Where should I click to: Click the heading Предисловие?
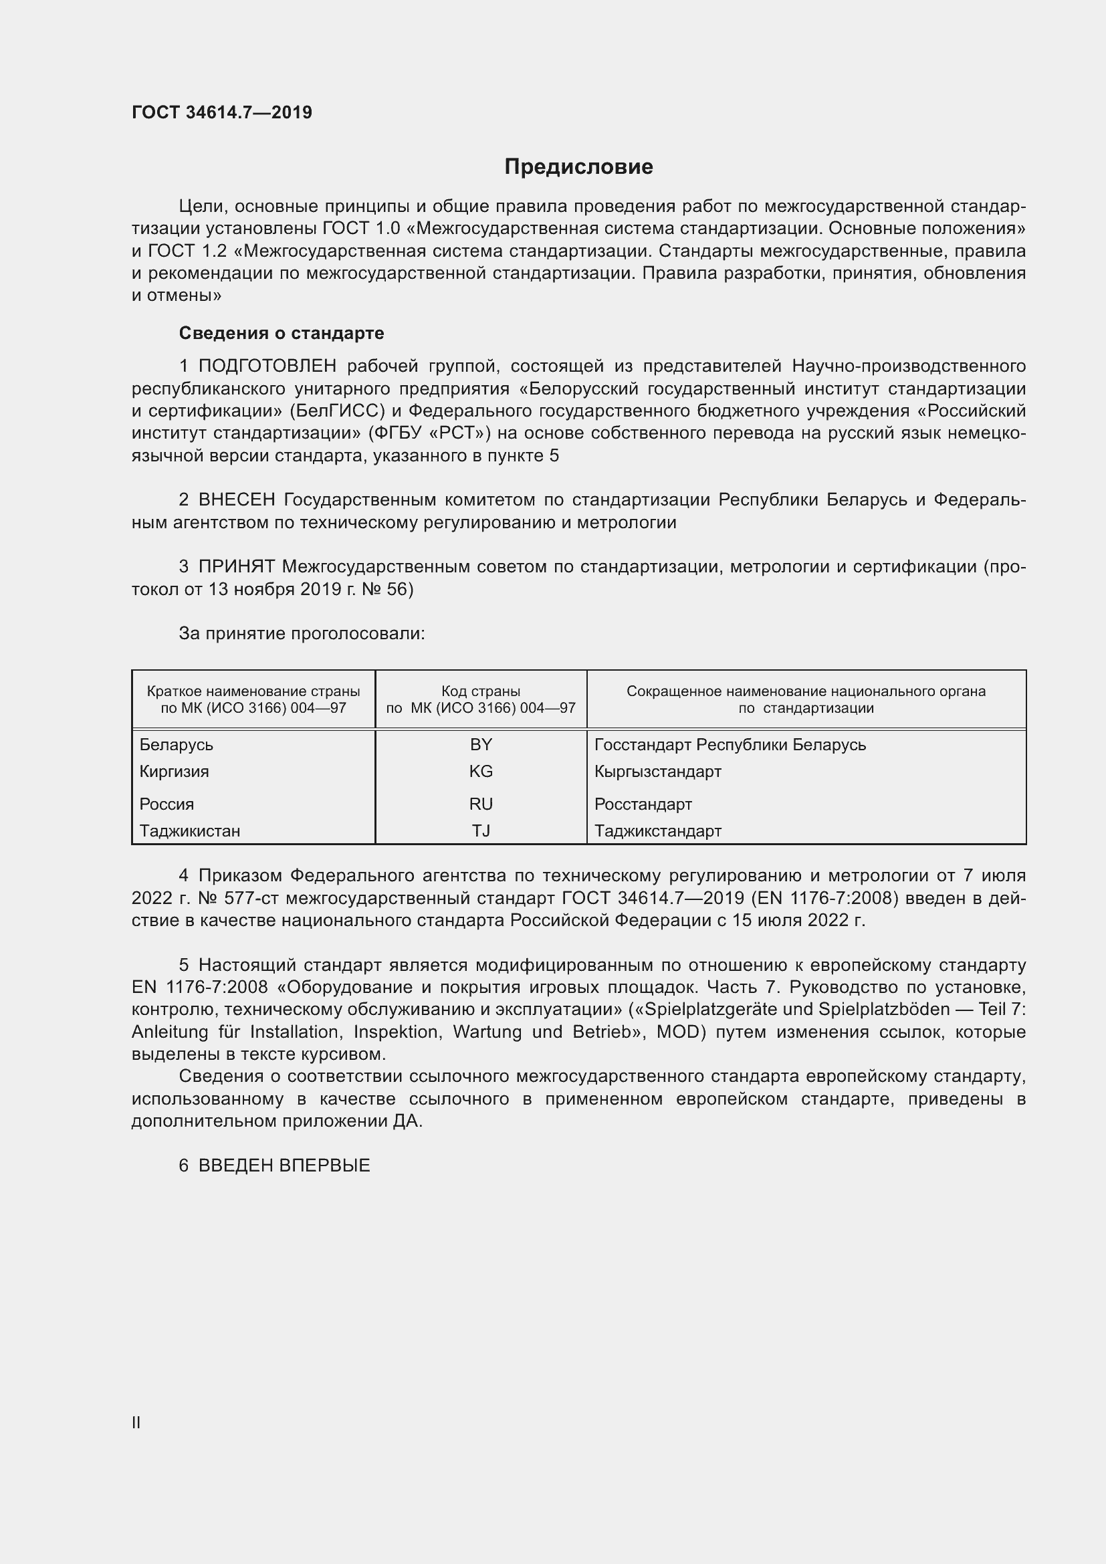[x=578, y=167]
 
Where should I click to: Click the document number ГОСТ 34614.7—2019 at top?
[x=222, y=112]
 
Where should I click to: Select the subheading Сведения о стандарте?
[x=282, y=333]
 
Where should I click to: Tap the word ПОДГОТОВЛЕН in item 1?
[x=267, y=366]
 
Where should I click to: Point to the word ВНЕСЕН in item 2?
[x=236, y=500]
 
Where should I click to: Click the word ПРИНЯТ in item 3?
[x=236, y=567]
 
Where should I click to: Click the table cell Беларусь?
[x=177, y=744]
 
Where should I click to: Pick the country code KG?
[x=481, y=772]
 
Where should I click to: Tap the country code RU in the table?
[x=481, y=804]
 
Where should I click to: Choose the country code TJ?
[x=481, y=831]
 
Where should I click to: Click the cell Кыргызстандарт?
[x=657, y=772]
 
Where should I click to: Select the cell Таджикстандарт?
[x=657, y=831]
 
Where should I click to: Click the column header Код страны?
[x=481, y=691]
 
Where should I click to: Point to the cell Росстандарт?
[x=643, y=804]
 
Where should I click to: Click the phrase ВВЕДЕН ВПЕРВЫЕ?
[x=284, y=1165]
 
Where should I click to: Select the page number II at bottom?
[x=136, y=1422]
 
